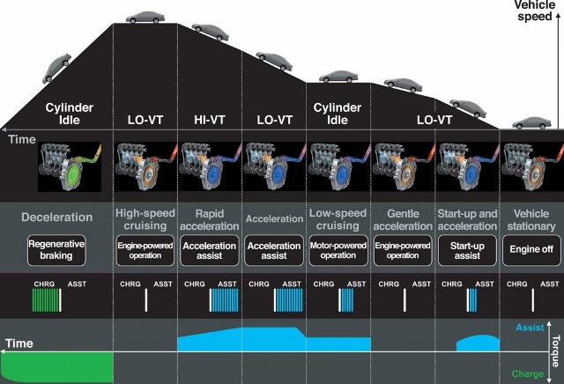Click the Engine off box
[531, 249]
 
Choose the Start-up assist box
[467, 249]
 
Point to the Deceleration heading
[57, 217]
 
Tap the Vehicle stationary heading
[531, 219]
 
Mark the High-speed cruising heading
[146, 219]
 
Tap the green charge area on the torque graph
[57, 364]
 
